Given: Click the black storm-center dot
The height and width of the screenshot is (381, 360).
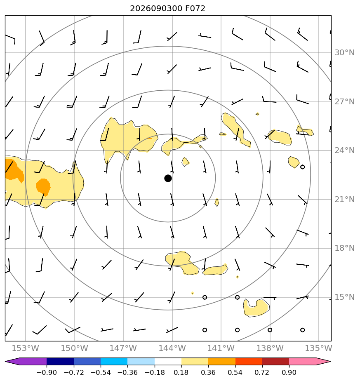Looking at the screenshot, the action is click(x=168, y=179).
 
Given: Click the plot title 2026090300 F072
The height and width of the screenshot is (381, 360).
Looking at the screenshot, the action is click(x=168, y=9).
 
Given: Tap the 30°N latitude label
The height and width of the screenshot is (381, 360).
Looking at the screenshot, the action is click(x=344, y=52).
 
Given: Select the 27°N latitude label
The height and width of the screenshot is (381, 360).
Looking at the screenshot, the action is click(x=344, y=101).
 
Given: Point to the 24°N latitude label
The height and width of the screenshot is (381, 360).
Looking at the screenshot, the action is click(x=344, y=151).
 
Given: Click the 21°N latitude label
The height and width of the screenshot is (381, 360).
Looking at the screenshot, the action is click(x=344, y=200).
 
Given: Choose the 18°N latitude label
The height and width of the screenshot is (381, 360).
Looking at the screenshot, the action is click(x=344, y=248).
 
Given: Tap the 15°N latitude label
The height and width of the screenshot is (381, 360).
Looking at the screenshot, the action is click(x=344, y=297).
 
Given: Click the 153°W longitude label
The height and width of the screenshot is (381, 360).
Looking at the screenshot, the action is click(x=26, y=348).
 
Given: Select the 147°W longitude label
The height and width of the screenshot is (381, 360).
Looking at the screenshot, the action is click(x=123, y=348).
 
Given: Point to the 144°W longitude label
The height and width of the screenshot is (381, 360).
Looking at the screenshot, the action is click(x=172, y=348).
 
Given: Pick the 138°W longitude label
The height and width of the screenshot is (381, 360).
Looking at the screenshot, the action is click(x=270, y=348).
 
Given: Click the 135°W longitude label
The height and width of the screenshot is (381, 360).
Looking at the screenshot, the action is click(x=319, y=348).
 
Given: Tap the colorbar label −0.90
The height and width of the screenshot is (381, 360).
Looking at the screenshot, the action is click(x=47, y=372).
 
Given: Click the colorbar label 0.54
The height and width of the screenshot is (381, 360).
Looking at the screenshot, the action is click(x=235, y=372).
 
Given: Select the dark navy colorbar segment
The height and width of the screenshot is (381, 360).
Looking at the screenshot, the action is click(x=60, y=361).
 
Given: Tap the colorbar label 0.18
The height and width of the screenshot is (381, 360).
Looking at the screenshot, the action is click(x=181, y=372).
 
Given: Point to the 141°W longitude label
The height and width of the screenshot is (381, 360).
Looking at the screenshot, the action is click(x=221, y=348).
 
